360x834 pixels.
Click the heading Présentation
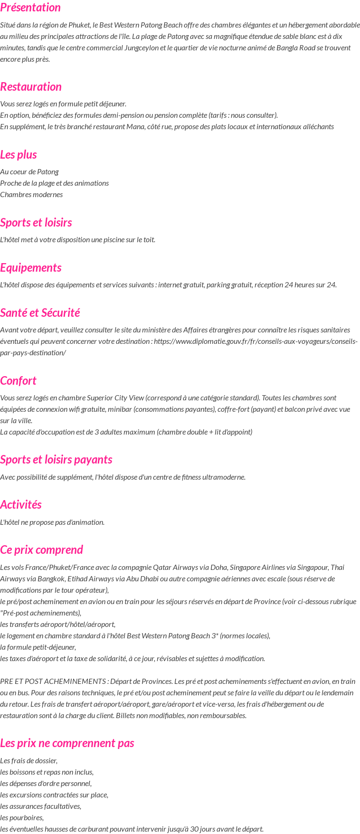[30, 8]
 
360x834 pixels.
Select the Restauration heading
[31, 87]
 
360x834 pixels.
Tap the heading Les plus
[19, 155]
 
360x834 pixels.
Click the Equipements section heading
[31, 268]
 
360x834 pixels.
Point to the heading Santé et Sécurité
[40, 313]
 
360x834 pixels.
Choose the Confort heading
[18, 381]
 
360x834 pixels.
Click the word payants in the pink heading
[95, 460]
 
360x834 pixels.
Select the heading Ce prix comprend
[41, 550]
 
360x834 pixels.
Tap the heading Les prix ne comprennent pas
[67, 743]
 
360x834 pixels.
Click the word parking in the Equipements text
[199, 285]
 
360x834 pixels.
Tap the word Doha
[219, 568]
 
